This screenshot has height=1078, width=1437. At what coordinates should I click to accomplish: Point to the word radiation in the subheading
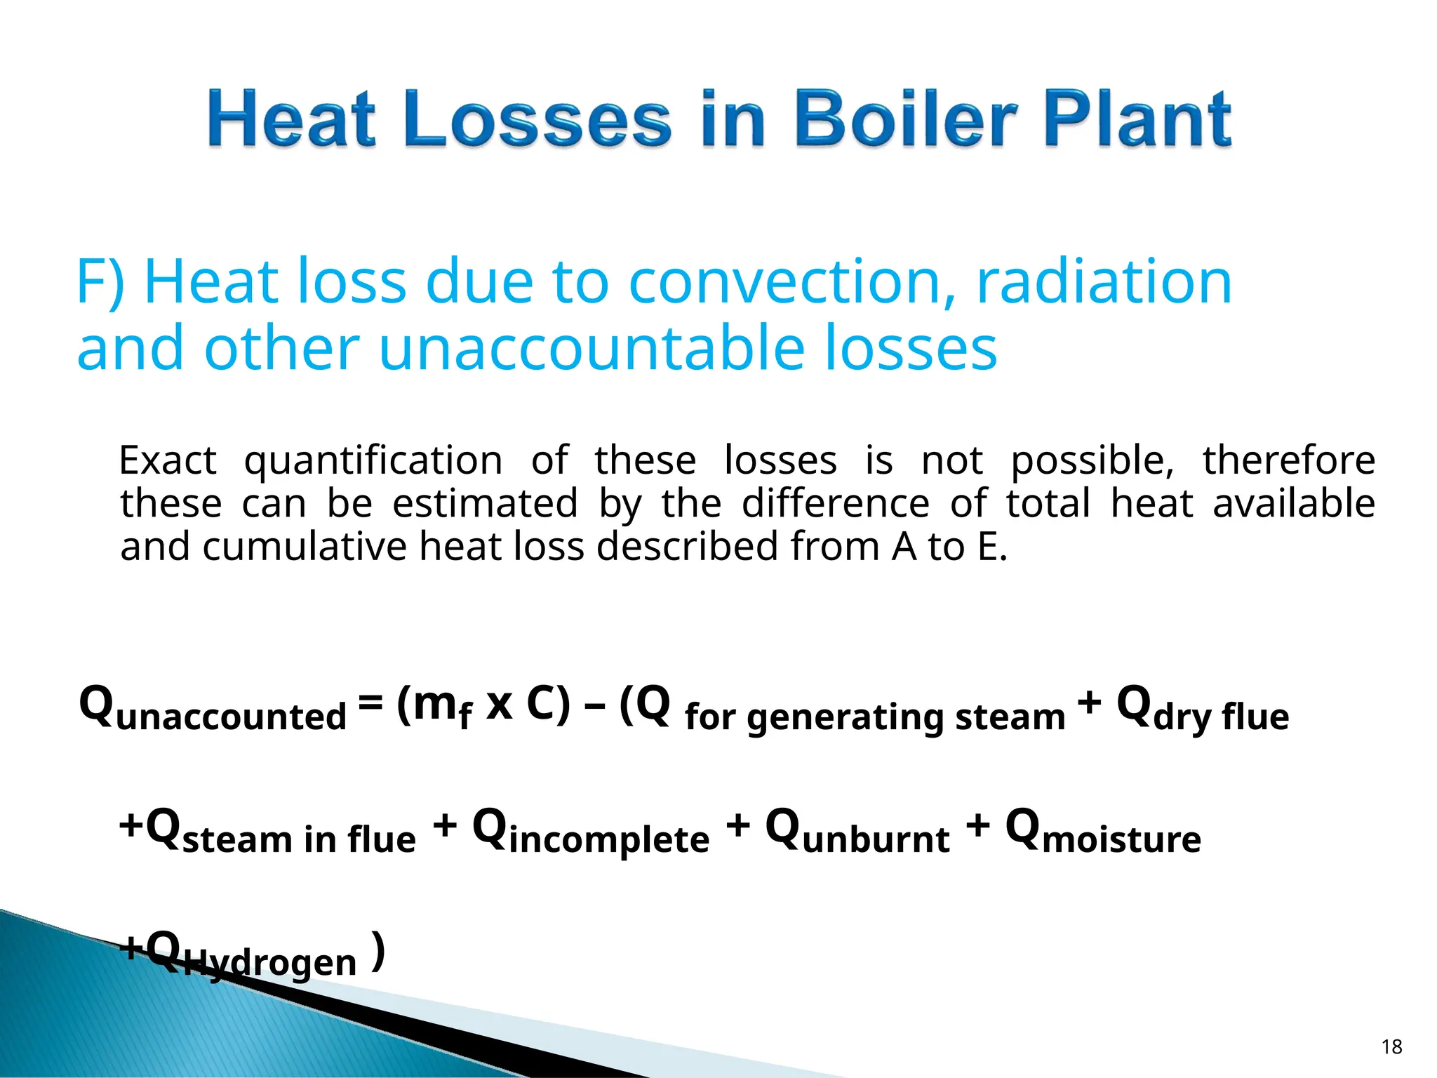1104,282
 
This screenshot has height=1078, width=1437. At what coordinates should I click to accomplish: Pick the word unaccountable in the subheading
591,349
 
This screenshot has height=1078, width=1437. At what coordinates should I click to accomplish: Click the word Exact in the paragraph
168,461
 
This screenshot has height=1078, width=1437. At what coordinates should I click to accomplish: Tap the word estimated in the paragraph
485,504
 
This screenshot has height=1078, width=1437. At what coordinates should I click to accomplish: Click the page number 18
1391,1047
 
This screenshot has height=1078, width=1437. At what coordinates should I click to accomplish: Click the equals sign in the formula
370,700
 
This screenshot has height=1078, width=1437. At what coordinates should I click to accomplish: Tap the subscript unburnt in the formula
876,839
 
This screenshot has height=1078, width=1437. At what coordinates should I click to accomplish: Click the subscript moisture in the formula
1121,839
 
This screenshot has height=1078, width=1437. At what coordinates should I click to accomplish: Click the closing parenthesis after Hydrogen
378,952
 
